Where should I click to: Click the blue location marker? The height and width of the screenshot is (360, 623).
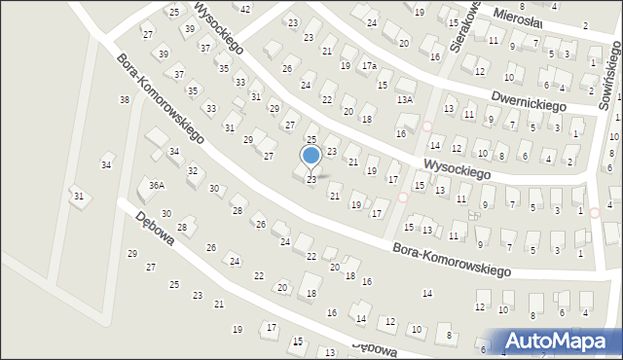click(x=311, y=155)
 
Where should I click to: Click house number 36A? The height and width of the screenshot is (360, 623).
click(x=156, y=185)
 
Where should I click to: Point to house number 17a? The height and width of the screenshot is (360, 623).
click(x=369, y=66)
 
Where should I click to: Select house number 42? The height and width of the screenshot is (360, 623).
click(x=244, y=9)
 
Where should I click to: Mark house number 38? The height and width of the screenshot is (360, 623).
click(x=125, y=100)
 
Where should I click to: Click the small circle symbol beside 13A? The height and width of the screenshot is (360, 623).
click(x=426, y=126)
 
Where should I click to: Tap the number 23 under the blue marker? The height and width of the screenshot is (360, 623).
click(x=311, y=180)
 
